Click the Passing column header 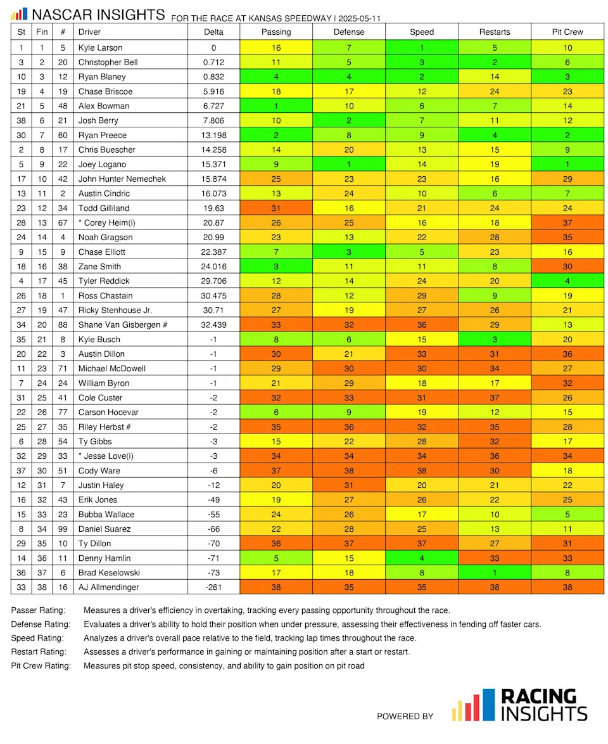(x=276, y=32)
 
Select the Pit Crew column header (x=567, y=32)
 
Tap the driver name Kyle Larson (x=100, y=48)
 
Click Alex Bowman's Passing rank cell (x=276, y=106)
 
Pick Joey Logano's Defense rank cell (x=349, y=164)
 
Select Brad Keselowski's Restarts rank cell (x=495, y=572)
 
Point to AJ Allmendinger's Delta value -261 (x=213, y=587)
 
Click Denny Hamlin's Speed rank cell (x=422, y=558)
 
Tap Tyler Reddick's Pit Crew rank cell (x=567, y=281)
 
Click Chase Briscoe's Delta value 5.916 (x=213, y=91)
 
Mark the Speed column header (x=422, y=32)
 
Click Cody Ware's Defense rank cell (x=349, y=470)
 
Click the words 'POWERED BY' (x=405, y=716)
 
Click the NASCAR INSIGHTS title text (x=98, y=14)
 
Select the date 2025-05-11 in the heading (x=364, y=18)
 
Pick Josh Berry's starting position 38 (x=22, y=120)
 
